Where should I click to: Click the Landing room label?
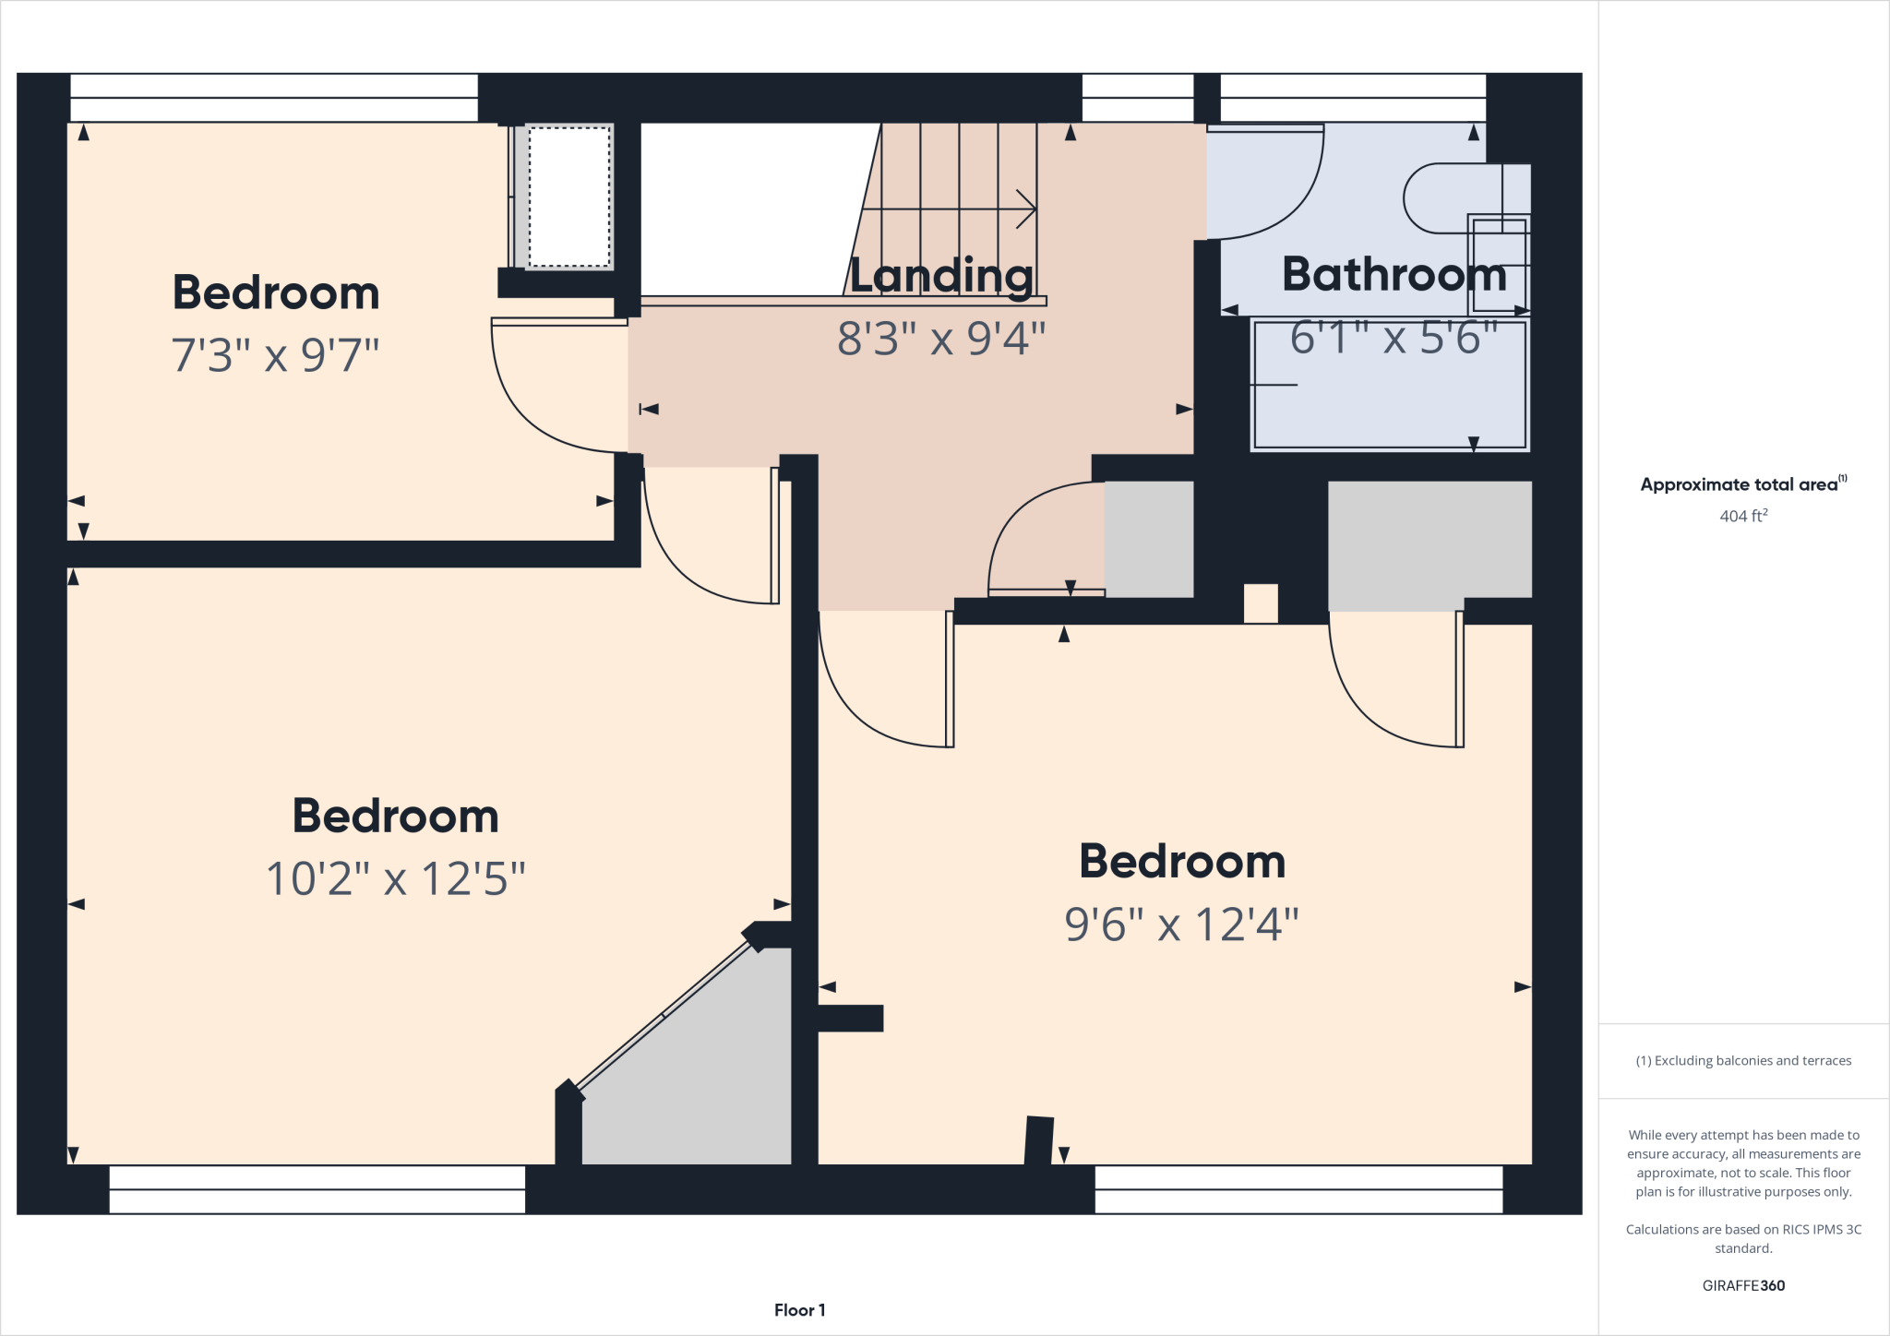(x=940, y=276)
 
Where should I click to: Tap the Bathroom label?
(x=1394, y=274)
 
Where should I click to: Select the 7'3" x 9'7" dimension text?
(x=275, y=355)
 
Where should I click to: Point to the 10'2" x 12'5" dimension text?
(x=395, y=878)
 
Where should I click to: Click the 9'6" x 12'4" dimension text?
(x=1181, y=924)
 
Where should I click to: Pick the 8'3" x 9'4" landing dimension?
(x=941, y=339)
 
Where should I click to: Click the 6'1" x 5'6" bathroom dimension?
(x=1394, y=338)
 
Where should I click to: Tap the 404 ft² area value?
(x=1743, y=516)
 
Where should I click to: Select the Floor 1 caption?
(x=799, y=1310)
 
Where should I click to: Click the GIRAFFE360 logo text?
(x=1743, y=1285)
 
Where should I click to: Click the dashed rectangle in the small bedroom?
(x=569, y=197)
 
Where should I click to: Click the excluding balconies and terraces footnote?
(x=1743, y=1061)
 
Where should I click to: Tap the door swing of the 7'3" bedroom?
(x=544, y=397)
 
